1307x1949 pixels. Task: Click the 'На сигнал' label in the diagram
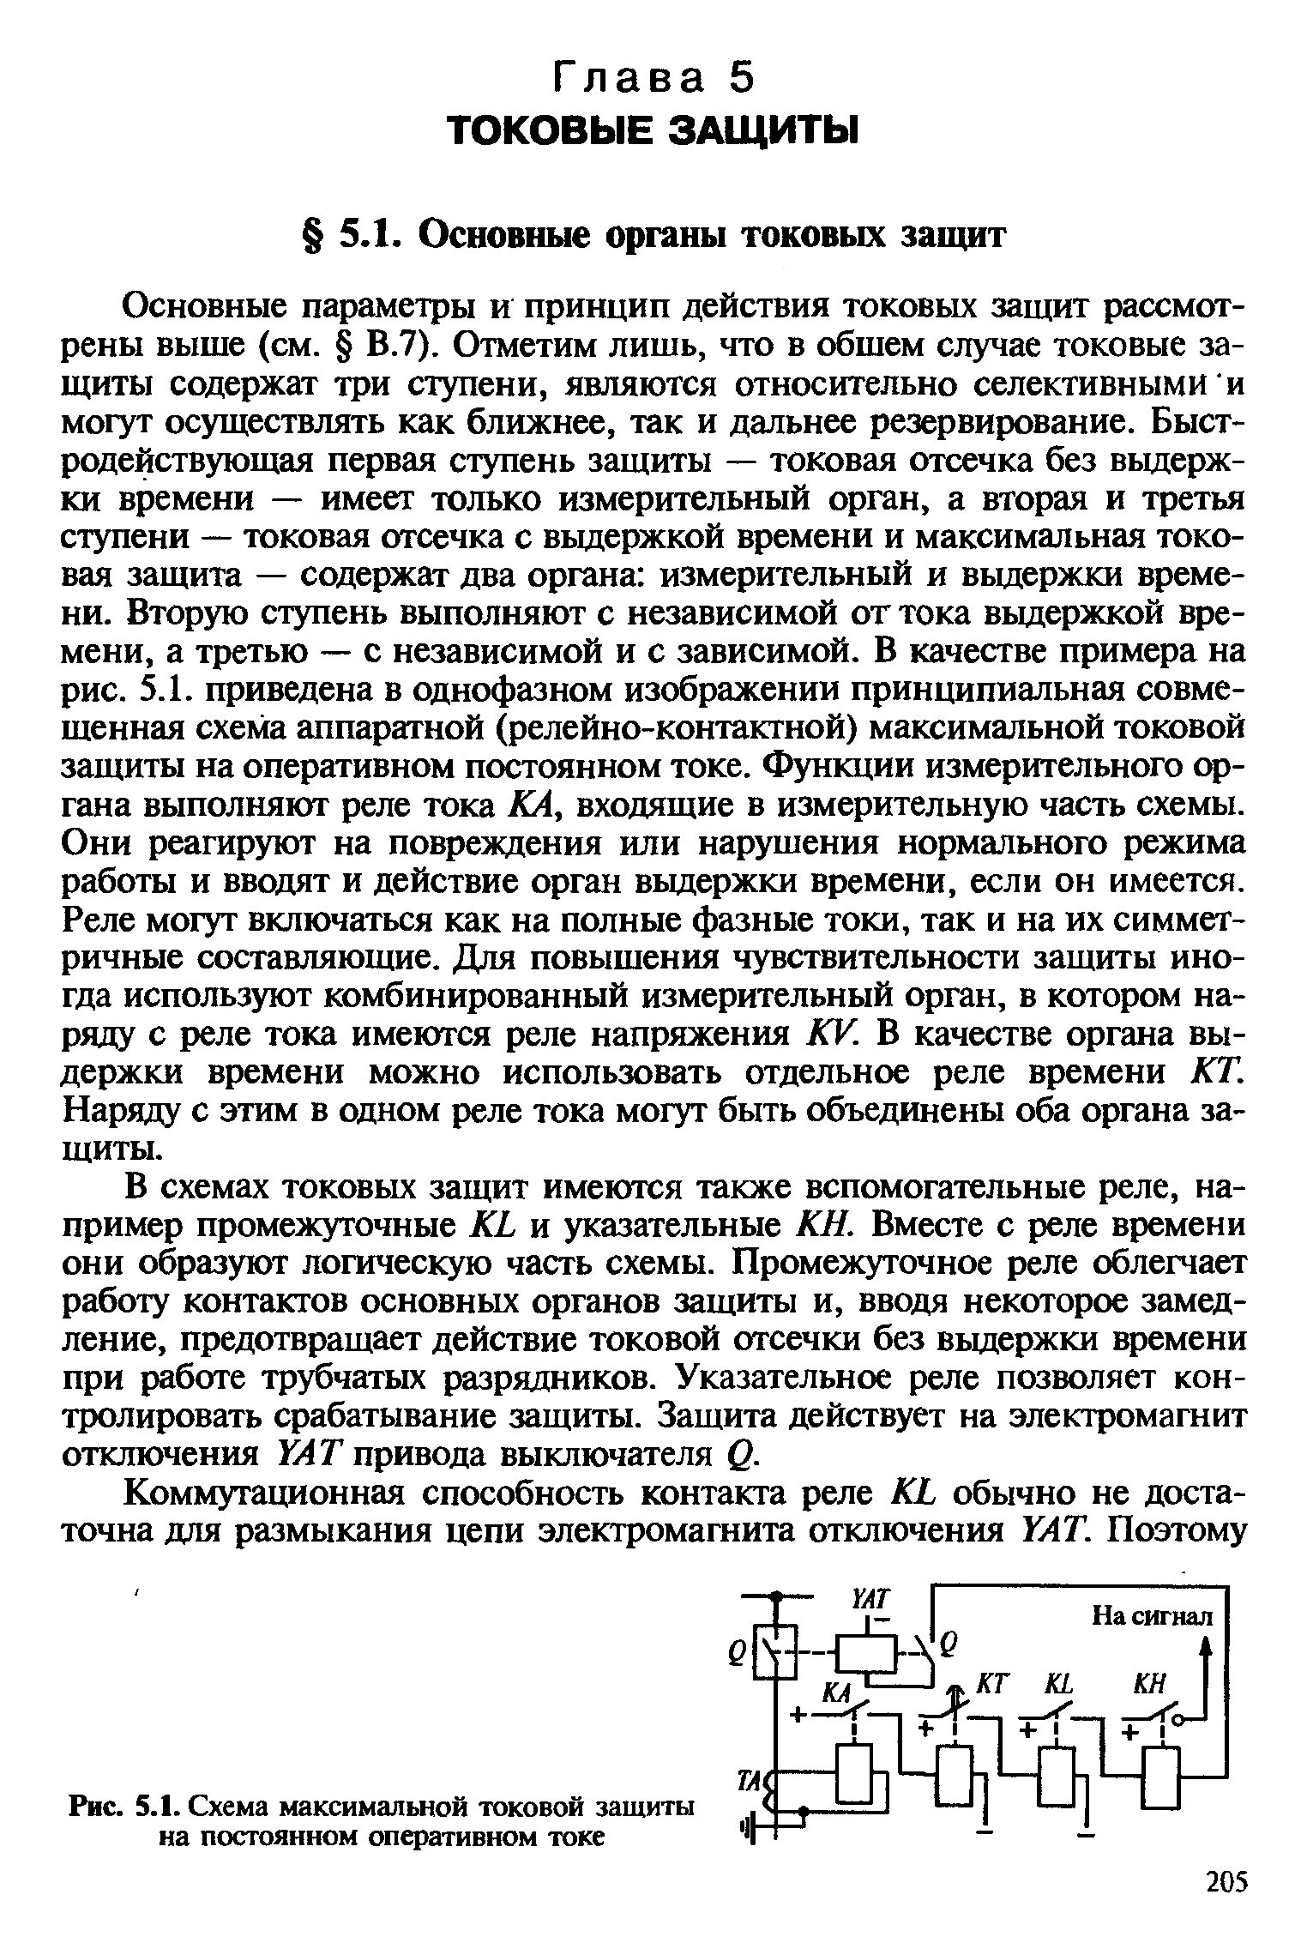pos(1152,1616)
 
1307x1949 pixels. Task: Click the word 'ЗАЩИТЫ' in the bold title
pos(762,131)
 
